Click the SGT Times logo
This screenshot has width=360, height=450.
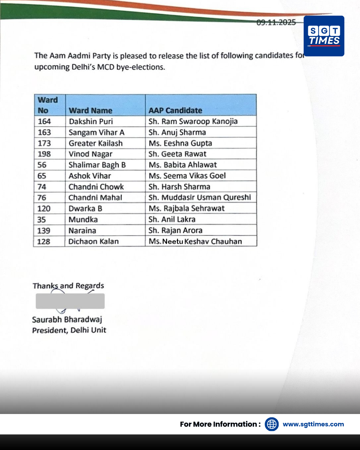324,36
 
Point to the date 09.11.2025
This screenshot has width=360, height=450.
276,22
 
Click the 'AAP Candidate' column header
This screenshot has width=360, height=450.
175,110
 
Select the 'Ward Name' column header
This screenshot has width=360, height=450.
90,110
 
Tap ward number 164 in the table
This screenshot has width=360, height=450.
44,121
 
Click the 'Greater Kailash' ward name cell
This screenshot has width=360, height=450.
96,143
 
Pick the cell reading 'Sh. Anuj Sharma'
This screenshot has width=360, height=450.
177,132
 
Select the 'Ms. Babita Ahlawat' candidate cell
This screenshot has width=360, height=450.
183,165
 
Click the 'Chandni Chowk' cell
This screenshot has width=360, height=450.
96,187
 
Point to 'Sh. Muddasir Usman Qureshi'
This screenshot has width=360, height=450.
200,197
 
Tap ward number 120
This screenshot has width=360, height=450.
44,209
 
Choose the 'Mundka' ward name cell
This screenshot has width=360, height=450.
83,219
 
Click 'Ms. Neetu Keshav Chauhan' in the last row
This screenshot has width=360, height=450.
195,241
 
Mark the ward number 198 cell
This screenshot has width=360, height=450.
44,154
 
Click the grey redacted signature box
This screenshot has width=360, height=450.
70,301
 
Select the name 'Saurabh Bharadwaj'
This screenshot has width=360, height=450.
67,319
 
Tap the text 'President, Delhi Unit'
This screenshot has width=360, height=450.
69,330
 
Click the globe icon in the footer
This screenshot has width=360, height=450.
272,424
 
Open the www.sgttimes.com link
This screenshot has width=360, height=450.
313,424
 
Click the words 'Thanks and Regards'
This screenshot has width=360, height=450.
68,286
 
